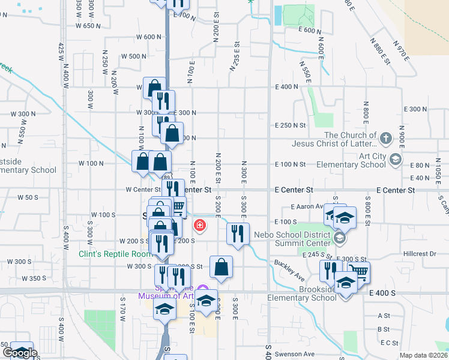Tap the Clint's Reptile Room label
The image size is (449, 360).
pyautogui.click(x=115, y=254)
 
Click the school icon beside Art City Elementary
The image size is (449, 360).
pyautogui.click(x=395, y=159)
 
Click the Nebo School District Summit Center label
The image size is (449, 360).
pyautogui.click(x=292, y=238)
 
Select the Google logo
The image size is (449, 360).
pyautogui.click(x=20, y=353)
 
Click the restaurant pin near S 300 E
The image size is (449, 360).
pyautogui.click(x=238, y=234)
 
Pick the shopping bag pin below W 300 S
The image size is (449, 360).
pyautogui.click(x=221, y=268)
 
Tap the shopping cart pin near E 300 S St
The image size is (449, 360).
pyautogui.click(x=358, y=272)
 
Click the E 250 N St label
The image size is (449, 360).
pyautogui.click(x=291, y=125)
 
